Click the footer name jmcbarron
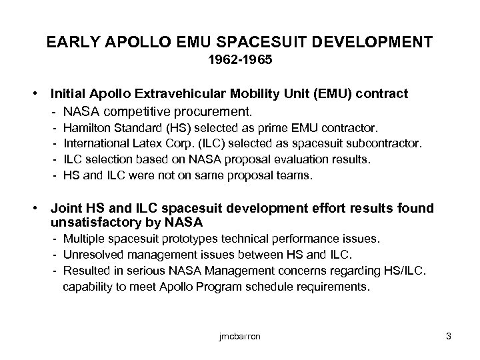239,336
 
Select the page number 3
449,336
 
